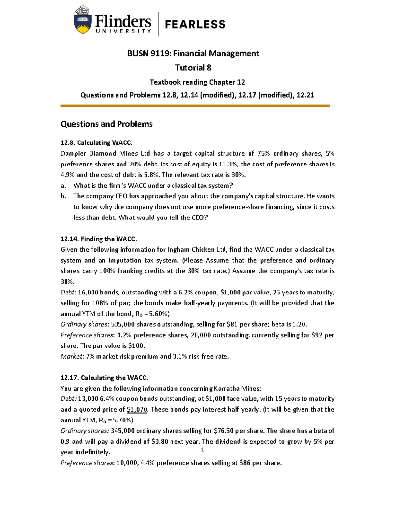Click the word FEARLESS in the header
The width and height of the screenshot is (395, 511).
tap(195, 24)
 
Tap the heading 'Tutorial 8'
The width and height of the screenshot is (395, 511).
tap(193, 68)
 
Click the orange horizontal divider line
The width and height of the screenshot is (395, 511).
tap(195, 106)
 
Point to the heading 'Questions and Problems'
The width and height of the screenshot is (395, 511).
tap(106, 124)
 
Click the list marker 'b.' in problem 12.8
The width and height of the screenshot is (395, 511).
tap(63, 196)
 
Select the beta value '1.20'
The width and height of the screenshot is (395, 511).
tap(299, 324)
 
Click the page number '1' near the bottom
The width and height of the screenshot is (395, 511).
tap(203, 449)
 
